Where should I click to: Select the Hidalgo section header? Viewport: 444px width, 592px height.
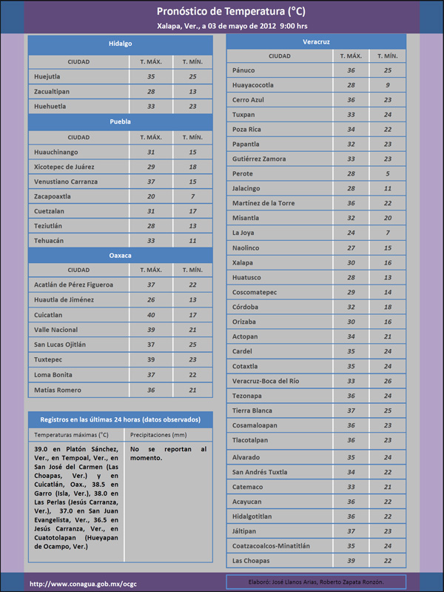pos(120,44)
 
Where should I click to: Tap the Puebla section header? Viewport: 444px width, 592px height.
pos(120,121)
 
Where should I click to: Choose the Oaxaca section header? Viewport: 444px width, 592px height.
pos(120,255)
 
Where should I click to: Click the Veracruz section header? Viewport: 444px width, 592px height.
pos(316,41)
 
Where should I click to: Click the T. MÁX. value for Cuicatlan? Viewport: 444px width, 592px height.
pos(151,315)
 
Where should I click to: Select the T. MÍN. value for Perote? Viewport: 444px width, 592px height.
pos(387,173)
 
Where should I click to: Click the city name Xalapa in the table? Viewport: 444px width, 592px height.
pos(243,262)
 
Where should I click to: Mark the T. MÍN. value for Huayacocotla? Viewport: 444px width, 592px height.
pos(387,85)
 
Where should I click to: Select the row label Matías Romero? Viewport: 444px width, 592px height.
pos(57,390)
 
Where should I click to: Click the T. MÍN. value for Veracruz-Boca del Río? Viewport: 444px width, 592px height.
pos(387,381)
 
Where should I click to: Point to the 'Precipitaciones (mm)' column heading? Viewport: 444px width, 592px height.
pos(158,435)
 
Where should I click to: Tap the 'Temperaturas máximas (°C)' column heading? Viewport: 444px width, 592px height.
pos(71,435)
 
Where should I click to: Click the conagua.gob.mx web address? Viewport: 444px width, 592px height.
pos(83,583)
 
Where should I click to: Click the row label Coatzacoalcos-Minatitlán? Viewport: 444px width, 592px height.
pos(271,545)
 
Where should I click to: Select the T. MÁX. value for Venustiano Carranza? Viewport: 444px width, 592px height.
pos(151,182)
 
